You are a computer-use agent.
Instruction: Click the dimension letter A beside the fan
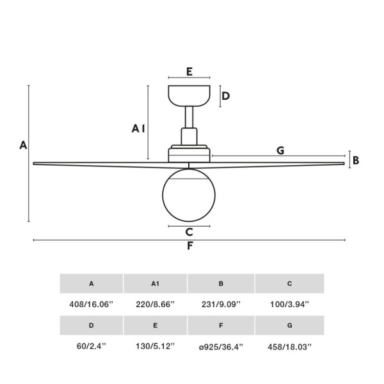click(x=23, y=145)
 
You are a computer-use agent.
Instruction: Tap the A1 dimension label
click(x=138, y=129)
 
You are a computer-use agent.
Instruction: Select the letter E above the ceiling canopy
click(x=189, y=72)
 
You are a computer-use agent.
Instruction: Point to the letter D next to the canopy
click(x=225, y=96)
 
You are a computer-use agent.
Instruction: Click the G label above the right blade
click(x=280, y=150)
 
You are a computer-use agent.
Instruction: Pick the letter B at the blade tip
click(x=356, y=161)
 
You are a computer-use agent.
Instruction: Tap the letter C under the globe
click(x=189, y=232)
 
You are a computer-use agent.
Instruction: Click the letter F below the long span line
click(x=190, y=246)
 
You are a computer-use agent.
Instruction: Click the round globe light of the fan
click(x=189, y=195)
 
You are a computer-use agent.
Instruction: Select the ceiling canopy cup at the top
click(x=189, y=96)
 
